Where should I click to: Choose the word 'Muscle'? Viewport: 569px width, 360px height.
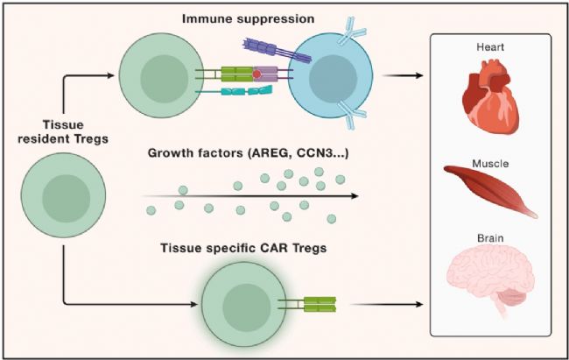(489, 163)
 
